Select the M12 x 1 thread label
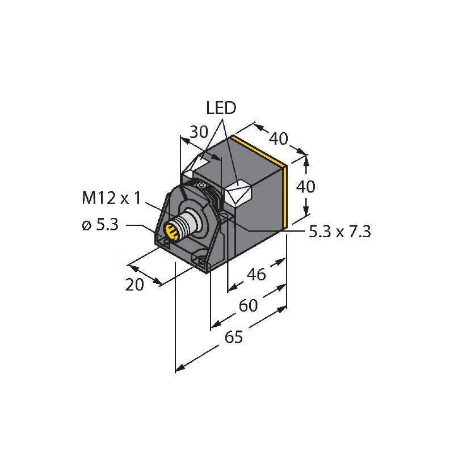point(112,198)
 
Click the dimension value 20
point(135,285)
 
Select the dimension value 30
point(199,132)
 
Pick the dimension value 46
point(257,275)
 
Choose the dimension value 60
point(249,306)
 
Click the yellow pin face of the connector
point(170,231)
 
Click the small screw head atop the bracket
point(200,184)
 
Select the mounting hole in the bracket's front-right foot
point(202,261)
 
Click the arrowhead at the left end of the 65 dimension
point(178,369)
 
